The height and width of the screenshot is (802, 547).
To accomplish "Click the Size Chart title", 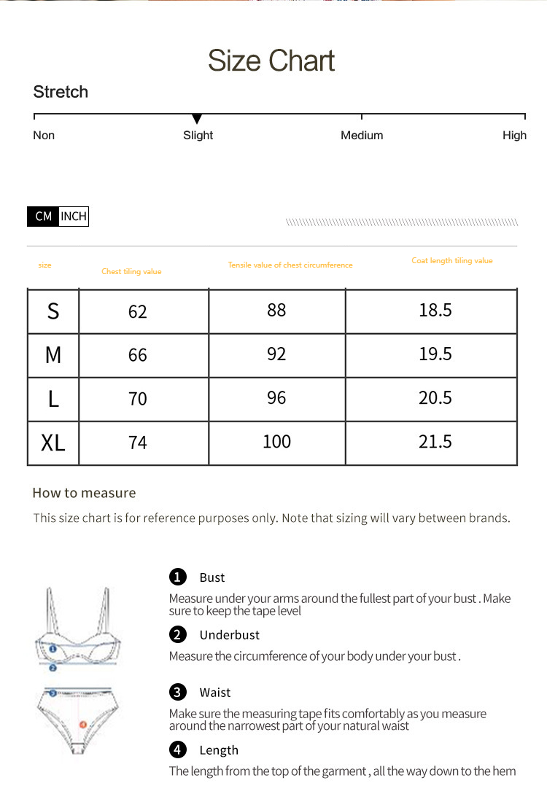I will (271, 61).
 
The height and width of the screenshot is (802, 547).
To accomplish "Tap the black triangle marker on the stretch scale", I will (197, 119).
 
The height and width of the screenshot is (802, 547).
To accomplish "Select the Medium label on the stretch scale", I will (362, 136).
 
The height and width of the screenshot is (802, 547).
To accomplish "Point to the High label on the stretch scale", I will (514, 136).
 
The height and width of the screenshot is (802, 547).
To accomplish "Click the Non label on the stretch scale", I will (44, 136).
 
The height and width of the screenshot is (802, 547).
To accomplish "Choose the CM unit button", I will (43, 217).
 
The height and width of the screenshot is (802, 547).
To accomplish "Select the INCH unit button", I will (74, 217).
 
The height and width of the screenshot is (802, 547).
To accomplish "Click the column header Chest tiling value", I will (131, 272).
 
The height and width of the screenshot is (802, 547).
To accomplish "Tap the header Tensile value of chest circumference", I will (290, 265).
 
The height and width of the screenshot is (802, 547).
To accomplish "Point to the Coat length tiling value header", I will (452, 261).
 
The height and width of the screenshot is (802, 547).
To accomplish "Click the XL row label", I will (53, 443).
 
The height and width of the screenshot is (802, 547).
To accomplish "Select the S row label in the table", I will (53, 311).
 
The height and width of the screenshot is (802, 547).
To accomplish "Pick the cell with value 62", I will (137, 312).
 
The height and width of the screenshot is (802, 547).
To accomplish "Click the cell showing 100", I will (276, 442).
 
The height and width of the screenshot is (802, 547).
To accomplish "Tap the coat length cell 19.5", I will (435, 354).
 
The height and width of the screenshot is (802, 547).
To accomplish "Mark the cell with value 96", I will (276, 398).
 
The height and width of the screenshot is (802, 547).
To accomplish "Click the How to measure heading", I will (84, 493).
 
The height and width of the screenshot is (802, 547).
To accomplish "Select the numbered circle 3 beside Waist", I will (178, 692).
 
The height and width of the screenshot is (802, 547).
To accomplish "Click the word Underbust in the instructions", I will (229, 635).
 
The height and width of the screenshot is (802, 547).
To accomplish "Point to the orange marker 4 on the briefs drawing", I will (82, 725).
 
